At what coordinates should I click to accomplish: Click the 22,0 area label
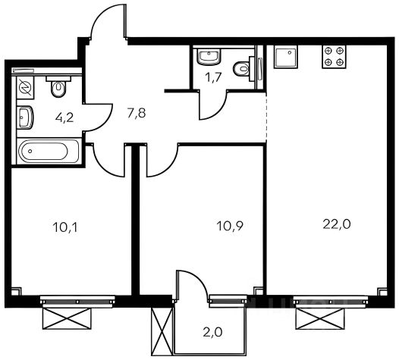pos(337,224)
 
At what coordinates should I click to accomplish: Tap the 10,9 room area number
pos(230,226)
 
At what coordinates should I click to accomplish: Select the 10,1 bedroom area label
pos(65,227)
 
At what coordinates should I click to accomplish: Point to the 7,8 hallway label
pos(137,113)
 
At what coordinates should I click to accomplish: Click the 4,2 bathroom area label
pos(64,117)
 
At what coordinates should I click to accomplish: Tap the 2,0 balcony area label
pos(212,332)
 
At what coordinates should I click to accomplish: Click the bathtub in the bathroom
pos(49,151)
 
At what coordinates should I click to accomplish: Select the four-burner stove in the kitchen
pos(335,57)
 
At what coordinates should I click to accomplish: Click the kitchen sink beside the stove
pos(285,57)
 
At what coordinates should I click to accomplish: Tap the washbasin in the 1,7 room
pos(209,56)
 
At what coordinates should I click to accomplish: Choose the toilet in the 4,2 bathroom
pos(58,86)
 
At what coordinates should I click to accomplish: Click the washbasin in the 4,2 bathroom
pos(25,117)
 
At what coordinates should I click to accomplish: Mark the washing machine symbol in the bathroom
pos(25,87)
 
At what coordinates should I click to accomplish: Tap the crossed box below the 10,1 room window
pos(67,319)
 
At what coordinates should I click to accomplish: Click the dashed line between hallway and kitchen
pos(266,117)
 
